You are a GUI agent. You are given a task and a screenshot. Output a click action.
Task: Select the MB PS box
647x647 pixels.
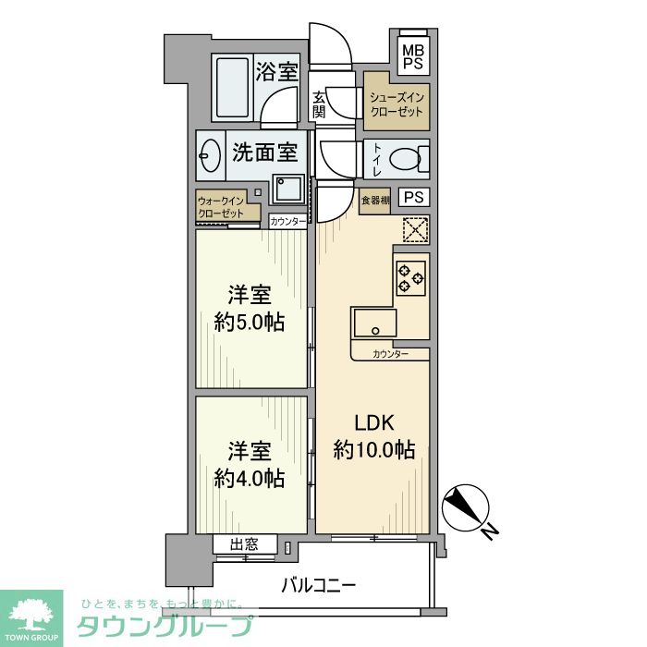pyautogui.click(x=412, y=55)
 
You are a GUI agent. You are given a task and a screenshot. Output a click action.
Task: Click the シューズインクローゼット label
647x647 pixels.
pyautogui.click(x=397, y=104)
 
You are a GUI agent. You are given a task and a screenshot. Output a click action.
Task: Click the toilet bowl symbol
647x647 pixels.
pyautogui.click(x=407, y=159)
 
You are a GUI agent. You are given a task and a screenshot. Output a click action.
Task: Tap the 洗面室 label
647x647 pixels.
pyautogui.click(x=264, y=152)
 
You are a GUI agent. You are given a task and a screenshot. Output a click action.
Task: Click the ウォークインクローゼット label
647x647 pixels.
pyautogui.click(x=221, y=206)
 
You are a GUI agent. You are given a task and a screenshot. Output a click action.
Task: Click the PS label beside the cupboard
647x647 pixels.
pyautogui.click(x=415, y=197)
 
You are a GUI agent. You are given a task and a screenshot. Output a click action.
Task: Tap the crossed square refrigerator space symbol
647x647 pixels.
pyautogui.click(x=415, y=227)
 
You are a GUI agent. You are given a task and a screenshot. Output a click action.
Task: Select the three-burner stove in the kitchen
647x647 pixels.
pyautogui.click(x=410, y=277)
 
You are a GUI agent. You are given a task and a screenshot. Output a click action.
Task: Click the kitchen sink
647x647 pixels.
pyautogui.click(x=374, y=323)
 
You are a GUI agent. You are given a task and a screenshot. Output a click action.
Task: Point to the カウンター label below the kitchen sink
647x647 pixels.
pyautogui.click(x=391, y=355)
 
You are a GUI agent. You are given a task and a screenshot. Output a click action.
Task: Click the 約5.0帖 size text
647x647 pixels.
pyautogui.click(x=249, y=323)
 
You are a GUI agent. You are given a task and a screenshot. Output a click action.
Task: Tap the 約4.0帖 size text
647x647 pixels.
pyautogui.click(x=249, y=478)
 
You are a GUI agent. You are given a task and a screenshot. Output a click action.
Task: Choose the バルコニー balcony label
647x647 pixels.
pyautogui.click(x=318, y=585)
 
